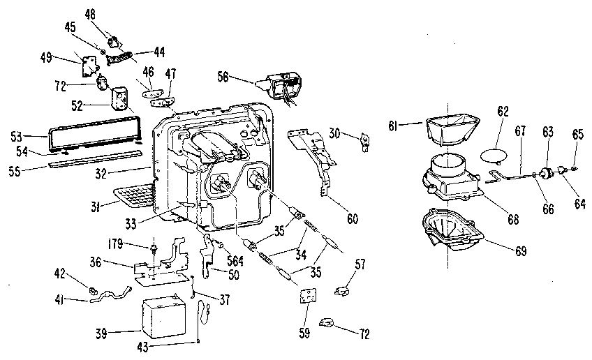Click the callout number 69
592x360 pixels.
[517, 250]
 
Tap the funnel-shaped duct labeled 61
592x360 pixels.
[450, 130]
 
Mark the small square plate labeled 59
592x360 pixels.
[306, 296]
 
